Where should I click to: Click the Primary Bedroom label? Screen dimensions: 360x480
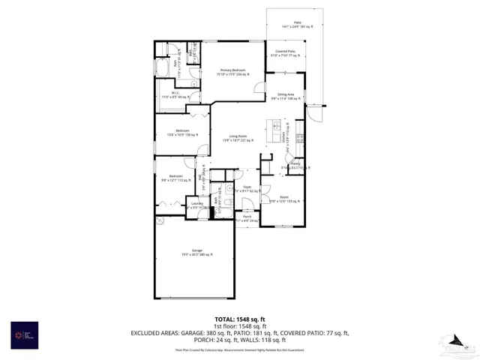point(232,72)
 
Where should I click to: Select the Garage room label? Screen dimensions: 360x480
point(196,253)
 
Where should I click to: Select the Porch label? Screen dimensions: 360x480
point(246,219)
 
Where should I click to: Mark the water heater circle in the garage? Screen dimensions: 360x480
point(159,221)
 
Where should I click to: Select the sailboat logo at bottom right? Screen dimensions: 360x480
point(454,344)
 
